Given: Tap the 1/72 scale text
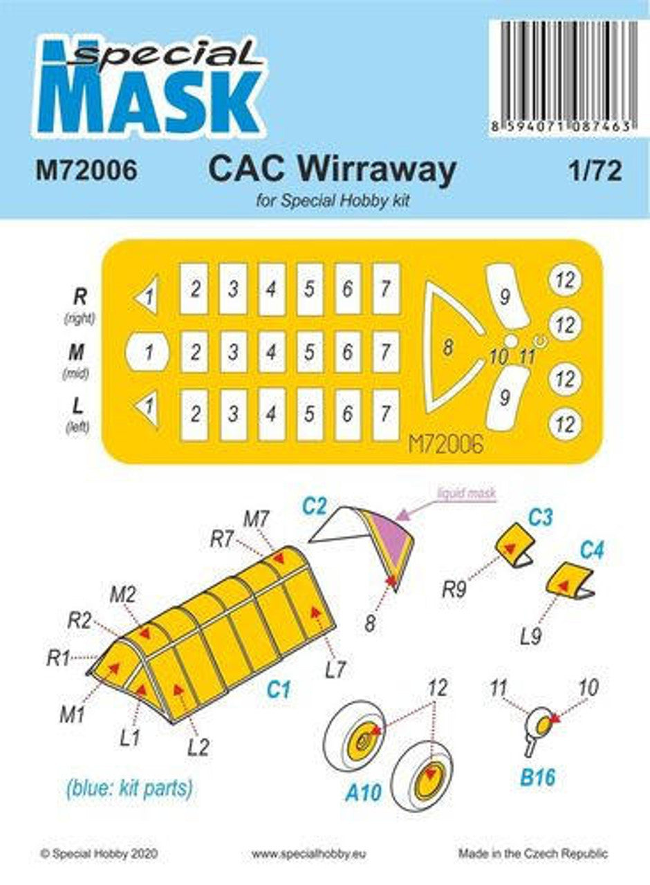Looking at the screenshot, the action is tap(595, 170).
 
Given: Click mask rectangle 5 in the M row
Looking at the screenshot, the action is tap(310, 353).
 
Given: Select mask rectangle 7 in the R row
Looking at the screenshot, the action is tap(386, 289).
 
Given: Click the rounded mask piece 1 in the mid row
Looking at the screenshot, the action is tap(148, 352).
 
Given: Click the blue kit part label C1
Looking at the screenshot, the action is tap(279, 689).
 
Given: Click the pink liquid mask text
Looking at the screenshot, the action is tap(467, 493).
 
